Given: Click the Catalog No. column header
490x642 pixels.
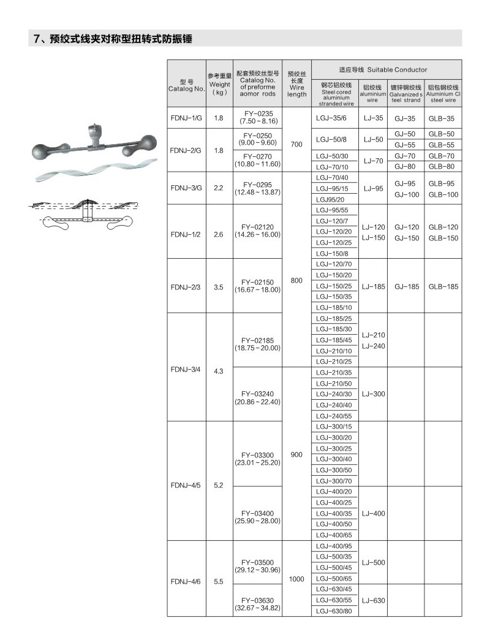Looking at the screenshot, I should coord(186,85).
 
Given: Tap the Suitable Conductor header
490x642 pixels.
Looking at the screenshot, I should coord(386,70).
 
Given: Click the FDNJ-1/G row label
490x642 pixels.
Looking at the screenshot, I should coord(186,118).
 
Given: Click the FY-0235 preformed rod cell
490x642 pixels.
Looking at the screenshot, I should coord(257,118).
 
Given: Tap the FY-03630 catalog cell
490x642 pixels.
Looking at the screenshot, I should coord(257,603).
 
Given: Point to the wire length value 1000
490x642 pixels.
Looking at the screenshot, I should coord(296,578).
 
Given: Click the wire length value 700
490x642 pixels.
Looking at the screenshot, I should coord(296,145).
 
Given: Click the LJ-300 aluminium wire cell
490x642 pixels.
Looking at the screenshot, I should coord(374,394).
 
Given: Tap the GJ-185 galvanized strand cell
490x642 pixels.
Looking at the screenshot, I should coord(407,286).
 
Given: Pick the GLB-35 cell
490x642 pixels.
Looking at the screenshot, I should coord(442,118).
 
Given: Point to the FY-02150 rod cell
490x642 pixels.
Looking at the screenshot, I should coord(257,286).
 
